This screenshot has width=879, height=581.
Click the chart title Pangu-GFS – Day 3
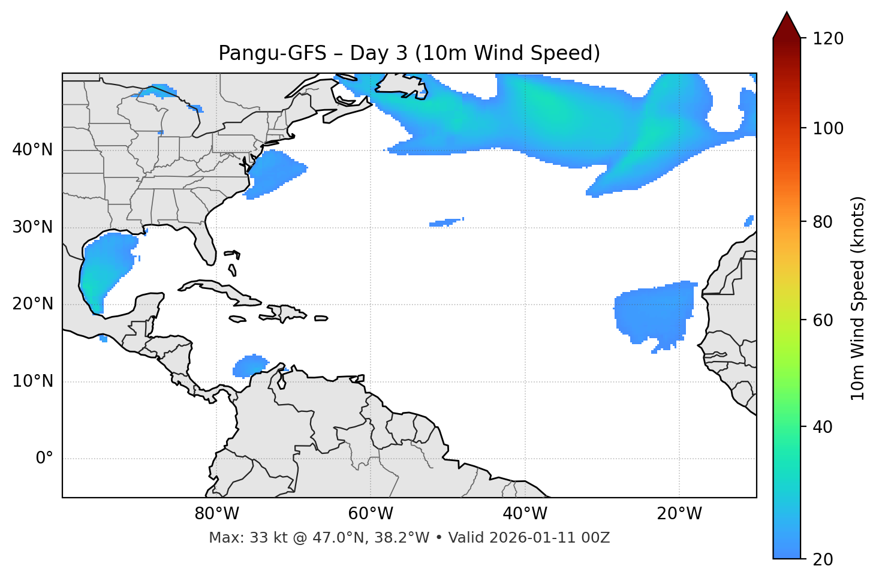[409, 53]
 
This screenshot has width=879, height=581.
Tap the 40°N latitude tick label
[32, 150]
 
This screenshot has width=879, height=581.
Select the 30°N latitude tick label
[32, 227]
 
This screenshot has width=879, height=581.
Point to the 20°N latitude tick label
[32, 304]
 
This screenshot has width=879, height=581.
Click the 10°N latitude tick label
[32, 381]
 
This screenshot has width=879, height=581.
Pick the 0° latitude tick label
[44, 459]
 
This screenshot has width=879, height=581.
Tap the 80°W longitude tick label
[216, 514]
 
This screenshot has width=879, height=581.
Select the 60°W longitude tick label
[371, 514]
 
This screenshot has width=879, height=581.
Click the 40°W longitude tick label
[525, 514]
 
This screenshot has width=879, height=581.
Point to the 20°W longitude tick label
[679, 514]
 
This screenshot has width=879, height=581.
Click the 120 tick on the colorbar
[828, 39]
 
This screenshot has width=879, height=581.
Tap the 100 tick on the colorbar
[828, 128]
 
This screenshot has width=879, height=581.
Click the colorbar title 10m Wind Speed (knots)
[858, 298]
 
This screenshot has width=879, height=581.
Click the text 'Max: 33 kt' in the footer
[236, 538]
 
